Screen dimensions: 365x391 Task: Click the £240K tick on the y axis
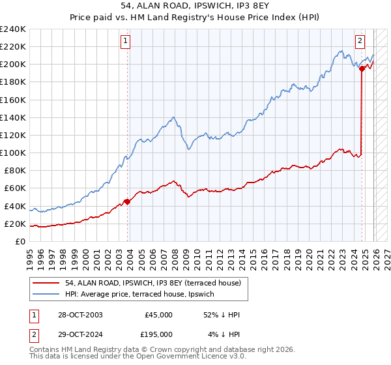click(x=13, y=29)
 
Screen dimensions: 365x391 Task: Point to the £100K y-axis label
click(x=13, y=153)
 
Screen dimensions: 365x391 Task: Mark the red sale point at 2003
click(x=127, y=201)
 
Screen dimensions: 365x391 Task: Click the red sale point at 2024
click(x=361, y=68)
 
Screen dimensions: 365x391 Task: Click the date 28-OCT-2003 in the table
click(x=81, y=315)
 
